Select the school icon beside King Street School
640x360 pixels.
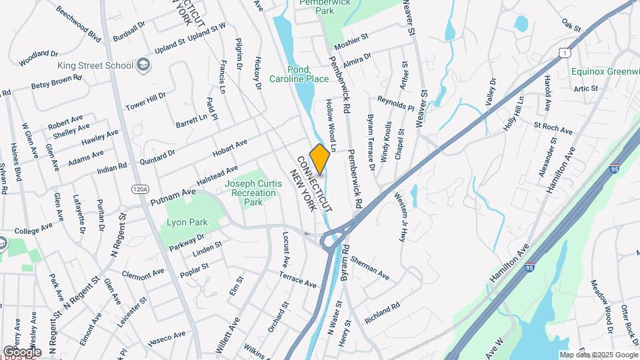(x=143, y=65)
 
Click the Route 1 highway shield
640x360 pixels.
(x=565, y=52)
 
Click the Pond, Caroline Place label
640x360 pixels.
(x=299, y=74)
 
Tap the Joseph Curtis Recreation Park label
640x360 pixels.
(x=249, y=193)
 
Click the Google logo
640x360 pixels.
(x=22, y=351)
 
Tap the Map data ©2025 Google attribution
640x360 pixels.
(x=598, y=355)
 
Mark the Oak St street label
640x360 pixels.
(x=571, y=25)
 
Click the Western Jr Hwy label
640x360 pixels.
(x=401, y=217)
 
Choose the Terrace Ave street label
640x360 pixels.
(x=297, y=279)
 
